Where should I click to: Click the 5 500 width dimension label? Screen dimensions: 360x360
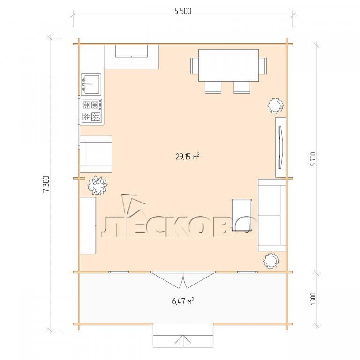183,11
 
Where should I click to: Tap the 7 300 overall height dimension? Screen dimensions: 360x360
46,183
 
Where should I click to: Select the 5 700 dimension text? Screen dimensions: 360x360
314,158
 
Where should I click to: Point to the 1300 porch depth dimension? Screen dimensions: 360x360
314,299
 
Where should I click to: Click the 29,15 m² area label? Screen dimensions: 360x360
187,157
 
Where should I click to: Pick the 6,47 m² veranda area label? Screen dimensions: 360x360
183,300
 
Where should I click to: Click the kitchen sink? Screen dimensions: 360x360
91,84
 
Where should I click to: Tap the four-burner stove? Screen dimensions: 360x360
92,111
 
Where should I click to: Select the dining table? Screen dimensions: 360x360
228,65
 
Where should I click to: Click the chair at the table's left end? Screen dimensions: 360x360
195,66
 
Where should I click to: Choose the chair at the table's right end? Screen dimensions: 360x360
262,66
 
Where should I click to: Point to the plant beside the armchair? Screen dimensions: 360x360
97,186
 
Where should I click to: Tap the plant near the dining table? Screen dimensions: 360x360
275,105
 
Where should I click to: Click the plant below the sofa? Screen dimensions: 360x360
271,261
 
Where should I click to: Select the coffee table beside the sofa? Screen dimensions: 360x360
242,215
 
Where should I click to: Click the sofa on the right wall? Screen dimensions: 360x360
272,215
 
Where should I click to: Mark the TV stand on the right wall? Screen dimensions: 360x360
281,147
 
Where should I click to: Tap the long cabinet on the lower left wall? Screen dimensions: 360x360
88,225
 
